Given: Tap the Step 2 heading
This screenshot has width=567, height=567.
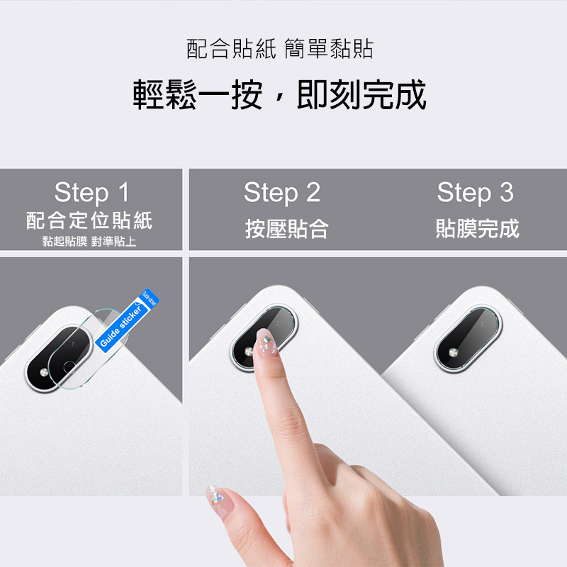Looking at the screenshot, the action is (282, 192).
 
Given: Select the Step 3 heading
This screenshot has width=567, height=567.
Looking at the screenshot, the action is (475, 192).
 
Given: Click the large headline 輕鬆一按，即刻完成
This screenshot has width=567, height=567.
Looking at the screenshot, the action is (279, 95).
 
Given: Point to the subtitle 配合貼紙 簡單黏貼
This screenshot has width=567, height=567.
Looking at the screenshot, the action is (279, 48).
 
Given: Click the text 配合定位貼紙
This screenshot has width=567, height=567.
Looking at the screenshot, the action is (89, 220).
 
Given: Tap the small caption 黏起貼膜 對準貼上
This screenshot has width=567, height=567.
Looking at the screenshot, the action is (89, 241).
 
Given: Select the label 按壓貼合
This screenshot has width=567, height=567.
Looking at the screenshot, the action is (287, 228).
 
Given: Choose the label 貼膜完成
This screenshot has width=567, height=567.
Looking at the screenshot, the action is (477, 228).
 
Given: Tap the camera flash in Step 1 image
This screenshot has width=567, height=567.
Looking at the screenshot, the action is (44, 373).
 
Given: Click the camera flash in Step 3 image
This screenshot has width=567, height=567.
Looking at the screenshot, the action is (454, 352).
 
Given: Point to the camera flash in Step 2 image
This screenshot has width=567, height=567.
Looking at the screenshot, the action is (249, 352).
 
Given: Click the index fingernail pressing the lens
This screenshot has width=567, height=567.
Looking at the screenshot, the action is (266, 342).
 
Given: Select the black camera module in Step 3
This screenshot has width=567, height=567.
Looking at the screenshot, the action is (467, 338).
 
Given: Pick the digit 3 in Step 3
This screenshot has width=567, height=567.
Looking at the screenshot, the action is (507, 192).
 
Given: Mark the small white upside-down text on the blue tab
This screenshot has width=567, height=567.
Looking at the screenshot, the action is (150, 298).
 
